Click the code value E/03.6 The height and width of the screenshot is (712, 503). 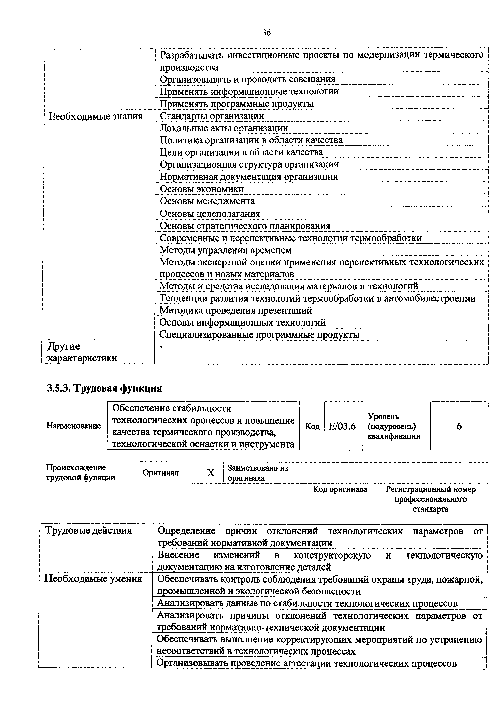342,427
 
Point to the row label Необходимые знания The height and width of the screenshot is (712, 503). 96,117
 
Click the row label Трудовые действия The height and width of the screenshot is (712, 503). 89,530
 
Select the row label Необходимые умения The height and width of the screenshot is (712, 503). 93,579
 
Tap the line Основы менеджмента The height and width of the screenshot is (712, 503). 207,201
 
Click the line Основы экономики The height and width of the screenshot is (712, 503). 201,189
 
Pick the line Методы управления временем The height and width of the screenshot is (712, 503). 225,250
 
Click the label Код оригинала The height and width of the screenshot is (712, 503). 340,489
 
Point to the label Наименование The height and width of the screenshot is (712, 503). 74,426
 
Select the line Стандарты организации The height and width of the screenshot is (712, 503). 212,116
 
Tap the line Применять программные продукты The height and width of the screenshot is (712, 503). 236,104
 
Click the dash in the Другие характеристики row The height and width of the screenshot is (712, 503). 161,348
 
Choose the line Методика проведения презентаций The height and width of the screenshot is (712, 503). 235,310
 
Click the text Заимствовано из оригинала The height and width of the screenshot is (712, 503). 258,473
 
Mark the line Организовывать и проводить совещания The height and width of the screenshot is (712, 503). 247,79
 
